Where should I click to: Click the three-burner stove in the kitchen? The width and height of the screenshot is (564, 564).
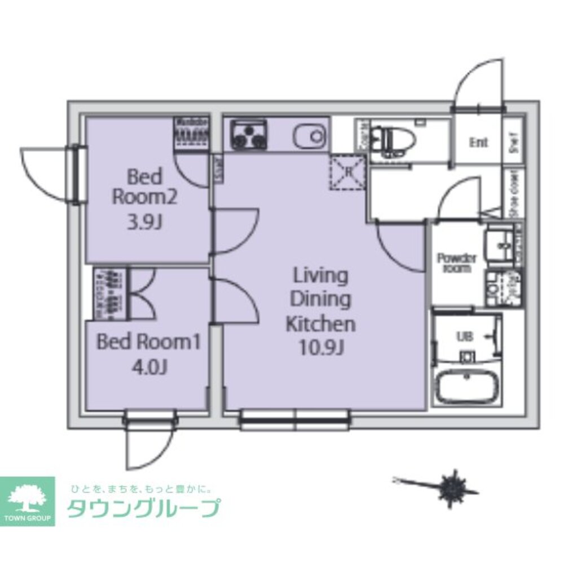coord(249,135)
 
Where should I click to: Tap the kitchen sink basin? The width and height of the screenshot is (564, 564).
coord(309,135)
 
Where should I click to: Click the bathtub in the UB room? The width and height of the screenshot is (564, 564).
coord(466,387)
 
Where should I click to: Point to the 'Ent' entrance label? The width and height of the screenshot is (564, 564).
coord(478,143)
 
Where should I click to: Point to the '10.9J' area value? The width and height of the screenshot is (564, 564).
coord(321,349)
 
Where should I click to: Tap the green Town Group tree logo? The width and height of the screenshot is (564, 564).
coord(28,496)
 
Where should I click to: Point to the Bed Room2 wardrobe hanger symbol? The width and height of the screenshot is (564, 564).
coord(192,135)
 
